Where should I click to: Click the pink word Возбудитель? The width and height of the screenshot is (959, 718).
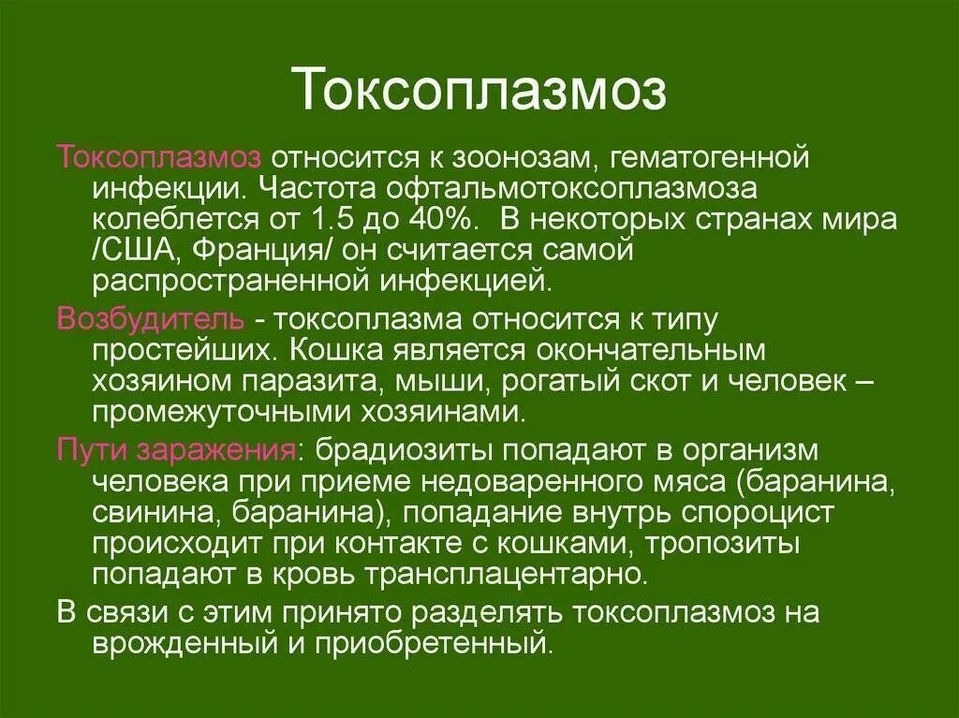[152, 319]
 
